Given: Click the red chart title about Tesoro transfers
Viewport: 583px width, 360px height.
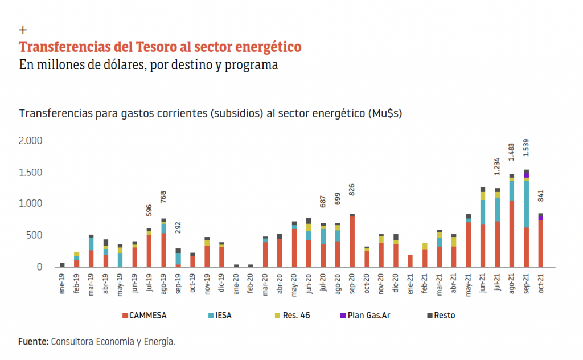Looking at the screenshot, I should click(x=160, y=46).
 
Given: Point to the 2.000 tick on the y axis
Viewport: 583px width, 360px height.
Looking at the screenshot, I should click(x=31, y=141).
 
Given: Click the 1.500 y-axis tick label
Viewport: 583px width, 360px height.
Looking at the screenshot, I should click(x=31, y=172).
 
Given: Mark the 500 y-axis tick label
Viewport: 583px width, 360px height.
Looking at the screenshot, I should click(x=35, y=235).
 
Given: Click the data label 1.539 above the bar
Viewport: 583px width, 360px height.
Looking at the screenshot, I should click(x=526, y=154).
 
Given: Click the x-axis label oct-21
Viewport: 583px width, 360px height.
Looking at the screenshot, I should click(x=541, y=281).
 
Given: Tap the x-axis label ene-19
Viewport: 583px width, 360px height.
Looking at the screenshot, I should click(x=62, y=282).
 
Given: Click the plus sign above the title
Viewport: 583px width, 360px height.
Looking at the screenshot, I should click(x=23, y=30).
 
